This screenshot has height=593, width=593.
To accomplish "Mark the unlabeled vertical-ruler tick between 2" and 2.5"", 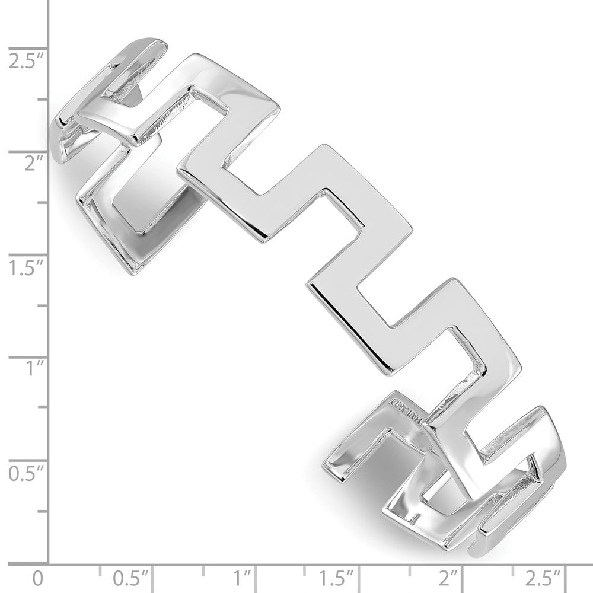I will [43, 100].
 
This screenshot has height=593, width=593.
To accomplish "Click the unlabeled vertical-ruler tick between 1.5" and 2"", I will [43, 203].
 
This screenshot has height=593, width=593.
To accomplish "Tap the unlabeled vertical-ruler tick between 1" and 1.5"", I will [43, 306].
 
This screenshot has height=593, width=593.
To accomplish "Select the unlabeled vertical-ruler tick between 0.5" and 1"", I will [43, 409].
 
